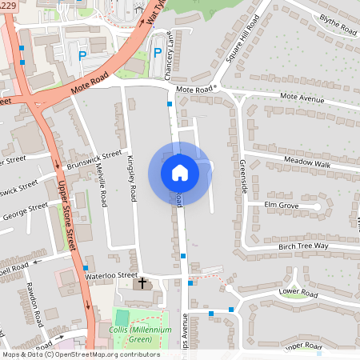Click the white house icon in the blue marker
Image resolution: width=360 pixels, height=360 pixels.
tap(179, 172)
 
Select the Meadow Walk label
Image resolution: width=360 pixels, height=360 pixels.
tap(307, 164)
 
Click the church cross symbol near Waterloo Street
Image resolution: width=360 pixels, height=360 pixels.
tap(143, 283)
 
